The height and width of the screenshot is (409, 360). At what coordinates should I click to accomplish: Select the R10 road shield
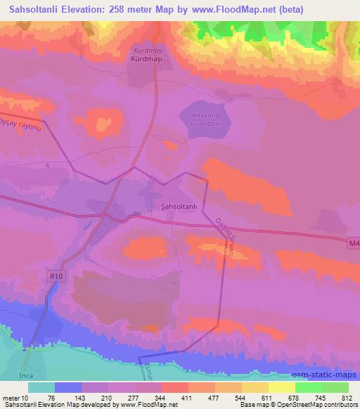click(x=56, y=277)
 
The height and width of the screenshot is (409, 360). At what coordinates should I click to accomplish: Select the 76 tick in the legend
click(x=52, y=398)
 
